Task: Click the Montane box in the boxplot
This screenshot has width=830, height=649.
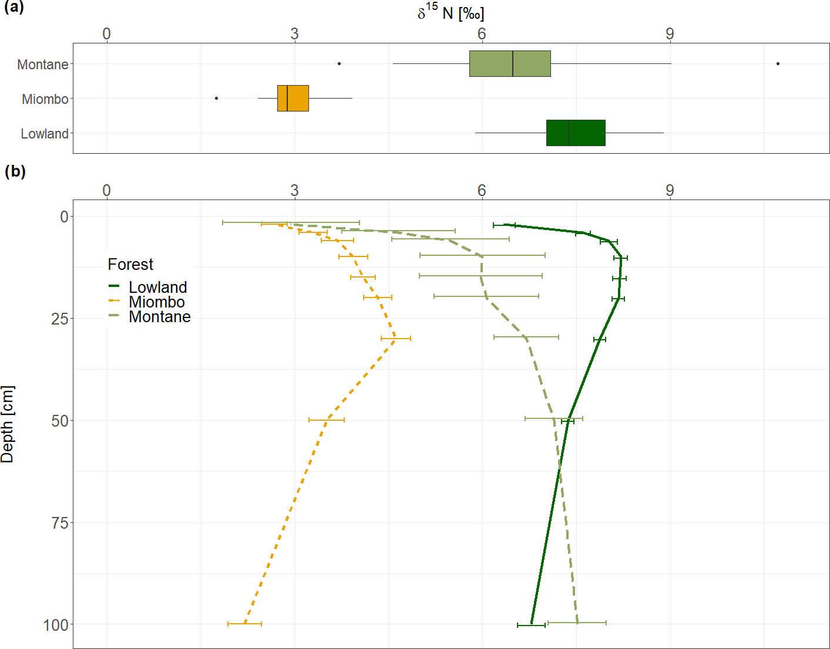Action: pos(510,64)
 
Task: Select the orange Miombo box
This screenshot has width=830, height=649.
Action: pos(293,98)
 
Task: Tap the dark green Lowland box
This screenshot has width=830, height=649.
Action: pos(576,133)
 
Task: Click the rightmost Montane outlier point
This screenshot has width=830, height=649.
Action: pos(778,63)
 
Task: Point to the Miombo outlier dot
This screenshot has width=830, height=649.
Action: pos(217,98)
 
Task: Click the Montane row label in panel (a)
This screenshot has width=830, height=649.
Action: pos(42,65)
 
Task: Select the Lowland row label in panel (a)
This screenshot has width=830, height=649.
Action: pos(45,134)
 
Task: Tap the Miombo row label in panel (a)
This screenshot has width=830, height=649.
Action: pos(45,99)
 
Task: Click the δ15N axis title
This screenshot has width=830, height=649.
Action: pos(451,12)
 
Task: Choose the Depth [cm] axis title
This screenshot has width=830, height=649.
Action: pos(8,424)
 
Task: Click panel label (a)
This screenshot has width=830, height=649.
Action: pos(14,7)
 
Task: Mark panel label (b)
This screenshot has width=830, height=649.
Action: pos(15,171)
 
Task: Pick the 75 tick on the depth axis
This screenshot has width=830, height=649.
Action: pos(60,523)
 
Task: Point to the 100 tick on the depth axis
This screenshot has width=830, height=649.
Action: pos(56,625)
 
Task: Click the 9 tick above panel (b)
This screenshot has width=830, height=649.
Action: pos(670,191)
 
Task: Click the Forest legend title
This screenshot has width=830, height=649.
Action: pos(130,265)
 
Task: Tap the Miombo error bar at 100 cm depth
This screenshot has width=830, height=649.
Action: pos(244,624)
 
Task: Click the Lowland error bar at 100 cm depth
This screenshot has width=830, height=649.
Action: pos(531,626)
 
